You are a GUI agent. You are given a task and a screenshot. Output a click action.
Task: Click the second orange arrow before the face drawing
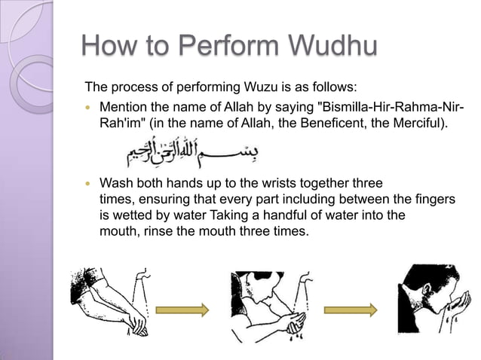[351, 309]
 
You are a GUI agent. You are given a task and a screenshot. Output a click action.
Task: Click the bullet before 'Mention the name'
[91, 105]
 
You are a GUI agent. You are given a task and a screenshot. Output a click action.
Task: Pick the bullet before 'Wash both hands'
[91, 184]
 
